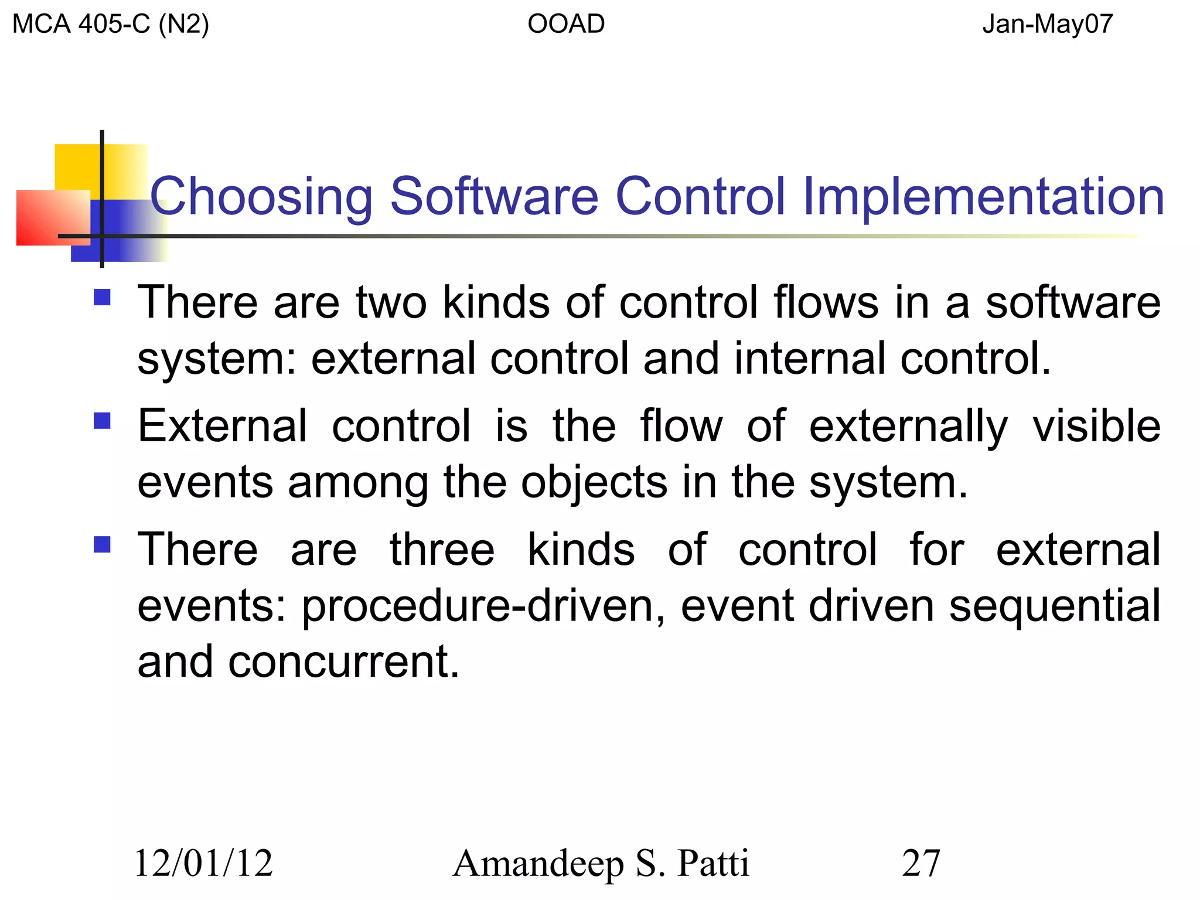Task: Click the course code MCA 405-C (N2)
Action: click(x=110, y=25)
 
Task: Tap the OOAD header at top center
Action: click(x=566, y=25)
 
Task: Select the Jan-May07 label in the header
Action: click(x=1047, y=25)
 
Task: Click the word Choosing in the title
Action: click(x=261, y=197)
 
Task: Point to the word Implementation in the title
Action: click(x=983, y=197)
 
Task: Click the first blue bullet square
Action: click(x=103, y=298)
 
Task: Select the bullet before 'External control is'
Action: click(x=103, y=421)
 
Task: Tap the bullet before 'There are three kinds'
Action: click(x=103, y=545)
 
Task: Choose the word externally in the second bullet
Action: click(x=908, y=427)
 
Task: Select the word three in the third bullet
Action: click(x=442, y=550)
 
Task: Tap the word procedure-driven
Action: click(x=483, y=607)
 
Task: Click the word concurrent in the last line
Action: click(x=343, y=662)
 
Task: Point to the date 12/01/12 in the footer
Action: click(x=203, y=864)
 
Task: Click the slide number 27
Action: click(x=921, y=864)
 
